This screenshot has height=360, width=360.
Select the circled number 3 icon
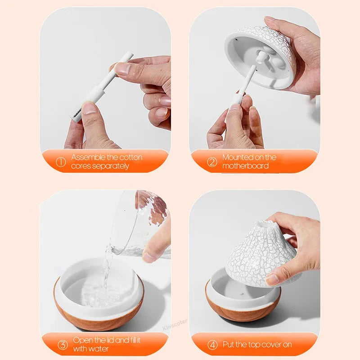click(x=63, y=345)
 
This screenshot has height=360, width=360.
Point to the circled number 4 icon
click(x=212, y=345)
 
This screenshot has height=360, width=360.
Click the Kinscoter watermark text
click(x=175, y=324)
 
